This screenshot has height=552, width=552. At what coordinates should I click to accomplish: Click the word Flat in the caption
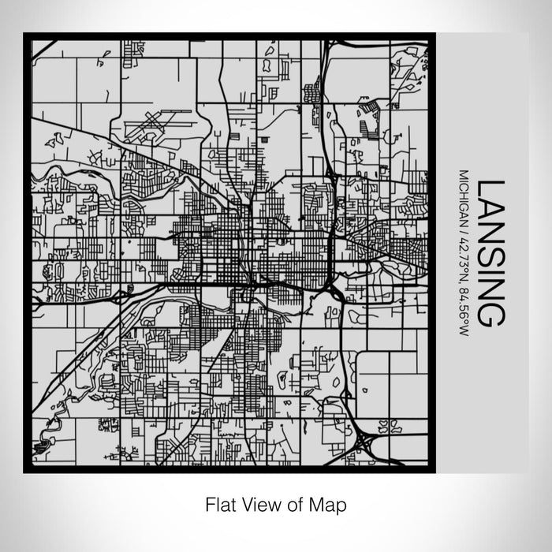(x=219, y=503)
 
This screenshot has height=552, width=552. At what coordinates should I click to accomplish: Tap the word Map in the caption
(x=331, y=503)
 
